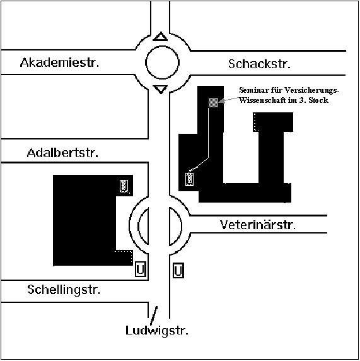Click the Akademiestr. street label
click(60, 62)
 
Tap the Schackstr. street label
click(259, 64)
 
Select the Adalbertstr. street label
click(62, 153)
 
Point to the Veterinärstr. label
click(258, 225)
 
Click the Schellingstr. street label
click(64, 290)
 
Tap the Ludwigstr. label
click(157, 331)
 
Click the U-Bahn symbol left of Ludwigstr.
click(141, 269)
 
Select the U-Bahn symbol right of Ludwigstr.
click(178, 270)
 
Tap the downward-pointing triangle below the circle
click(161, 88)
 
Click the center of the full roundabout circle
click(162, 62)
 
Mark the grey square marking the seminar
click(213, 102)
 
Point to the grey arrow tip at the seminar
click(219, 101)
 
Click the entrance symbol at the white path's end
click(189, 179)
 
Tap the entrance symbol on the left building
click(124, 186)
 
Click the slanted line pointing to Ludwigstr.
click(154, 316)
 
